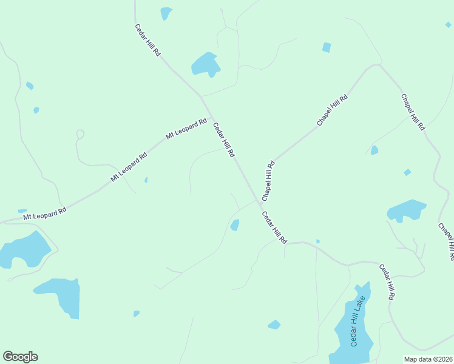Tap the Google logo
click(20, 357)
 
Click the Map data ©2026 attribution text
click(428, 359)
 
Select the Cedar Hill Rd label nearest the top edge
click(147, 41)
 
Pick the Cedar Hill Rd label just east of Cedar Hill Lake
click(387, 282)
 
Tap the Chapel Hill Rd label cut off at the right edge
click(446, 241)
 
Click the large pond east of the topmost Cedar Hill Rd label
click(205, 64)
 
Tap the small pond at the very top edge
click(166, 13)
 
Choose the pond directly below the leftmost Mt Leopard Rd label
click(24, 249)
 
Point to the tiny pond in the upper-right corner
click(448, 25)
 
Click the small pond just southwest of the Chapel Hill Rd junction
click(235, 225)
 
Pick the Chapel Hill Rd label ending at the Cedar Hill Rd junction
click(268, 181)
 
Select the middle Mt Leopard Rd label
click(129, 167)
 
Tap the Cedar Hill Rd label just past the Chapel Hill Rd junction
click(274, 227)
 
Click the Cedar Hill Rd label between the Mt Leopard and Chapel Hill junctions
click(223, 141)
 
